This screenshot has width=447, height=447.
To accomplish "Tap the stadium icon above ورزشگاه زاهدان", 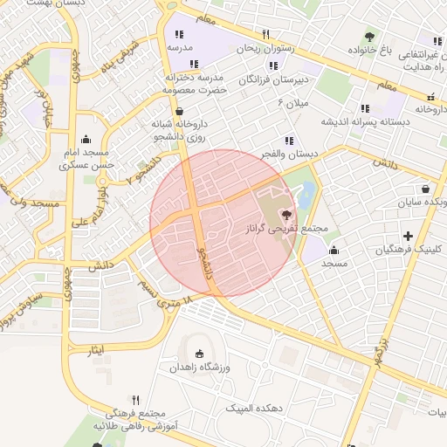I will pyautogui.click(x=201, y=354).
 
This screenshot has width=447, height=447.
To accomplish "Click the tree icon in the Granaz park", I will pyautogui.click(x=285, y=214).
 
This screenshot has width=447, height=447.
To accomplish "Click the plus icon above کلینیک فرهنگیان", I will pyautogui.click(x=409, y=235).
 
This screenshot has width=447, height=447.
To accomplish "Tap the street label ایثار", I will pyautogui.click(x=96, y=349).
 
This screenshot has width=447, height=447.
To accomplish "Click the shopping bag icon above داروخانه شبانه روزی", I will pyautogui.click(x=180, y=112).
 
